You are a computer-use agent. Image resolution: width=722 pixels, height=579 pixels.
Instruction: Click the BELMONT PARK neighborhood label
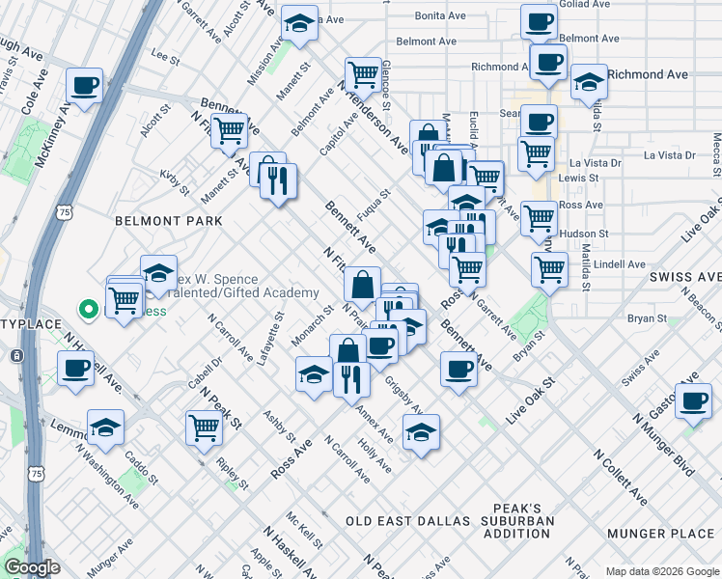click(x=168, y=221)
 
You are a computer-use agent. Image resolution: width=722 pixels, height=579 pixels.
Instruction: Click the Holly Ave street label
click(x=375, y=453)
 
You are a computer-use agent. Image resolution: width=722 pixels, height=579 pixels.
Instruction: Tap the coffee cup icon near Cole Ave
click(x=85, y=85)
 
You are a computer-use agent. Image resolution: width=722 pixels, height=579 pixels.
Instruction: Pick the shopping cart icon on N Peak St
click(x=204, y=426)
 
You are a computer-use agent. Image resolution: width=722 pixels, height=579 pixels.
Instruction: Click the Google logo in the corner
click(x=32, y=567)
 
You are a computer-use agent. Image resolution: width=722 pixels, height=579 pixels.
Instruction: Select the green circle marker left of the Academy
click(x=88, y=310)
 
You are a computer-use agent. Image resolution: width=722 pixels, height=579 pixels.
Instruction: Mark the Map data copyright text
click(x=660, y=571)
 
